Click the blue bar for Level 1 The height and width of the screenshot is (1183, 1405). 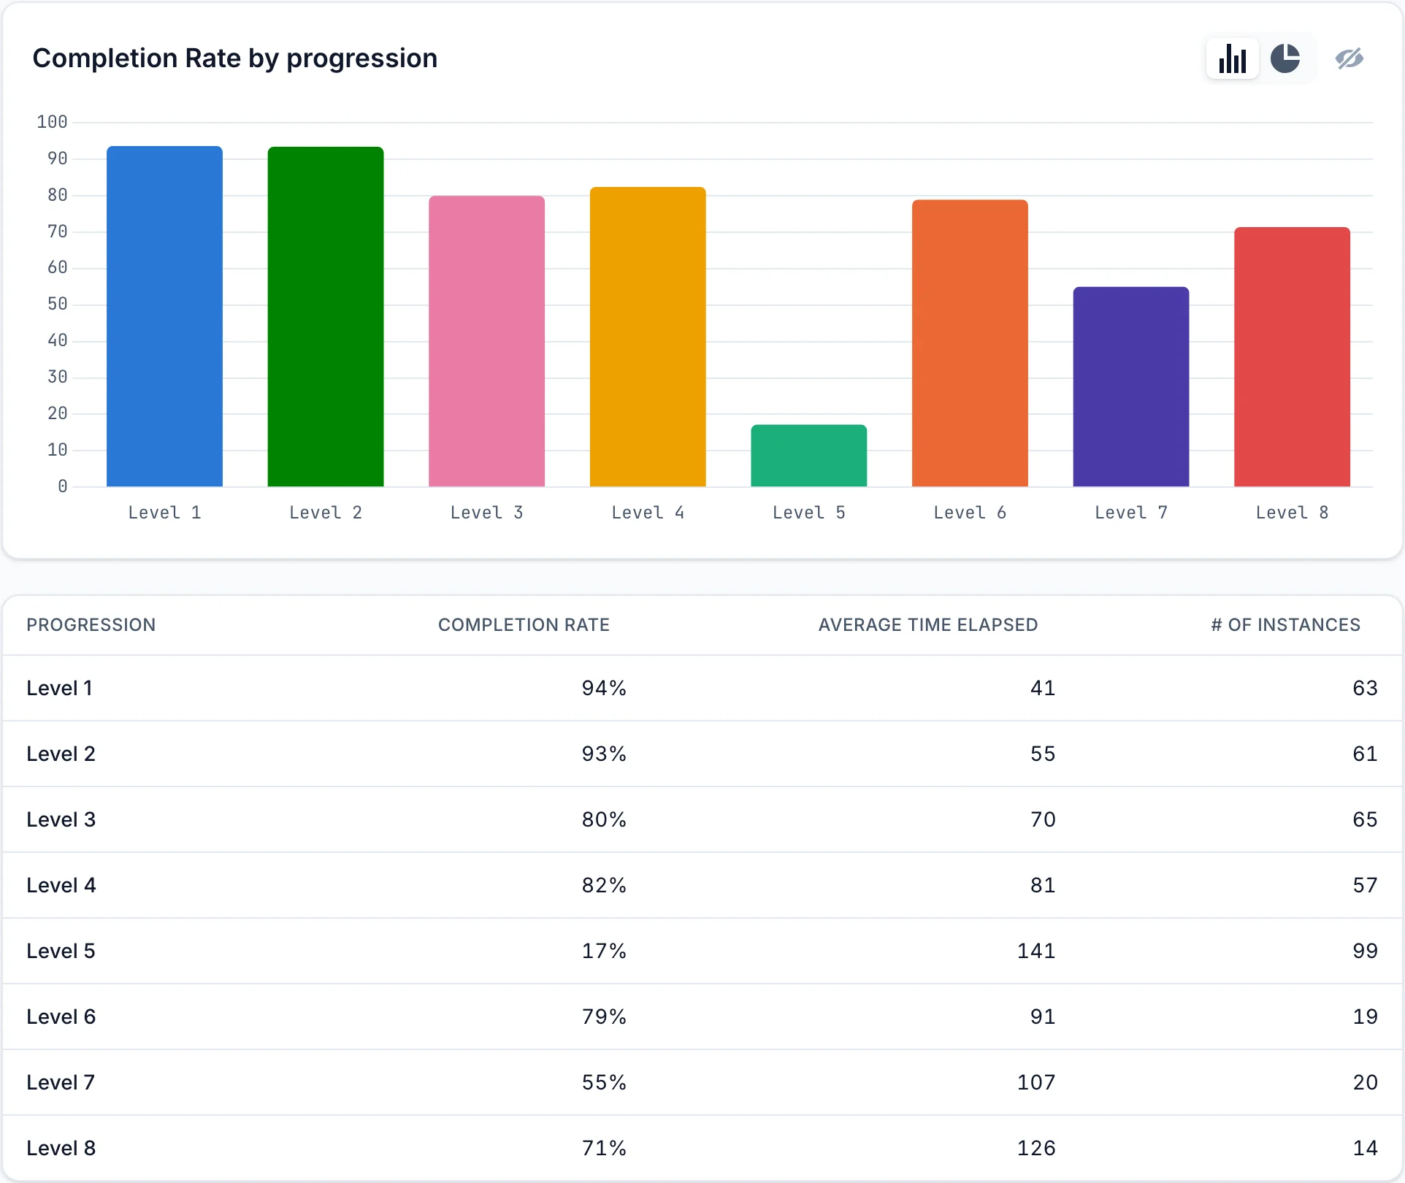(164, 316)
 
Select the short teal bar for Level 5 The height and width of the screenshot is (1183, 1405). (809, 456)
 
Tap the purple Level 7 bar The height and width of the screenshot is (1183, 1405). (1131, 387)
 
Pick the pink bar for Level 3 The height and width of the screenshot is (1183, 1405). (486, 341)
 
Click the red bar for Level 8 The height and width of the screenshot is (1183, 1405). (1292, 357)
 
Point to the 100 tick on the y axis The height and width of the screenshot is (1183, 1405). (52, 122)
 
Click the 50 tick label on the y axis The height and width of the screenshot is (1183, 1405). (57, 304)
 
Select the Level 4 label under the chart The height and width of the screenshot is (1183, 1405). (648, 513)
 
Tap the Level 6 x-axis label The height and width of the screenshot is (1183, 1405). (970, 513)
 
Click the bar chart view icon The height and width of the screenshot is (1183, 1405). (1233, 58)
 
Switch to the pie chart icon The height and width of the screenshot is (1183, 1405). (1285, 58)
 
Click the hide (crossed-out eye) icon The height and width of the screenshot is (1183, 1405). (1350, 58)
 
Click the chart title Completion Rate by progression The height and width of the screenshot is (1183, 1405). (235, 58)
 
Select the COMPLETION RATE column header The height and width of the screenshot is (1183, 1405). (524, 625)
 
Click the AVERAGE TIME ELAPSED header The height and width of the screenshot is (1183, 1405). (928, 625)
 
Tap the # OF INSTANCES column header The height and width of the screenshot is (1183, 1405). (1285, 625)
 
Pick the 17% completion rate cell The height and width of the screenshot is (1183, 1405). (604, 951)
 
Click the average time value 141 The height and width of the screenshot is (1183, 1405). (1036, 951)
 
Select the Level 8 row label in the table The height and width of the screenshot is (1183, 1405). (61, 1148)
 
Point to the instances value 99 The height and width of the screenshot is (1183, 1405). (1365, 951)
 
